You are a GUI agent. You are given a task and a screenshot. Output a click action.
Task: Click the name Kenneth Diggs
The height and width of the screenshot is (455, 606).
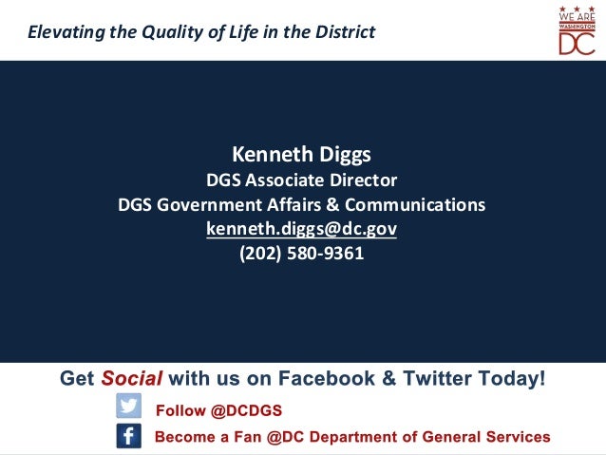(301, 154)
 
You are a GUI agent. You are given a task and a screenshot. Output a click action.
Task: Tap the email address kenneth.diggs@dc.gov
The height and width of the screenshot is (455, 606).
(301, 229)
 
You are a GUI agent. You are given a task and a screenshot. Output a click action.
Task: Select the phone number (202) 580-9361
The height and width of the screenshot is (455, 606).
(301, 254)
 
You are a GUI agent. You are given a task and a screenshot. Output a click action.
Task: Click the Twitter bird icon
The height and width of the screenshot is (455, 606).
(128, 407)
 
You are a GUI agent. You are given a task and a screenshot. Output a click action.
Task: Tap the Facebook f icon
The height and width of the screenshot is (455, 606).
(128, 436)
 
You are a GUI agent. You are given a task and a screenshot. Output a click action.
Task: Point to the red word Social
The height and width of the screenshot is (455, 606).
(132, 379)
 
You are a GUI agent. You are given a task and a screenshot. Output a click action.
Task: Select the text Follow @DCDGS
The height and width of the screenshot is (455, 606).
(218, 410)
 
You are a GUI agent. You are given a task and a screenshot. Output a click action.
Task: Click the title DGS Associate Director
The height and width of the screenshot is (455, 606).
(301, 180)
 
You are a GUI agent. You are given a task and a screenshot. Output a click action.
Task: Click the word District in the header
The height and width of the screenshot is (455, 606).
(346, 32)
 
